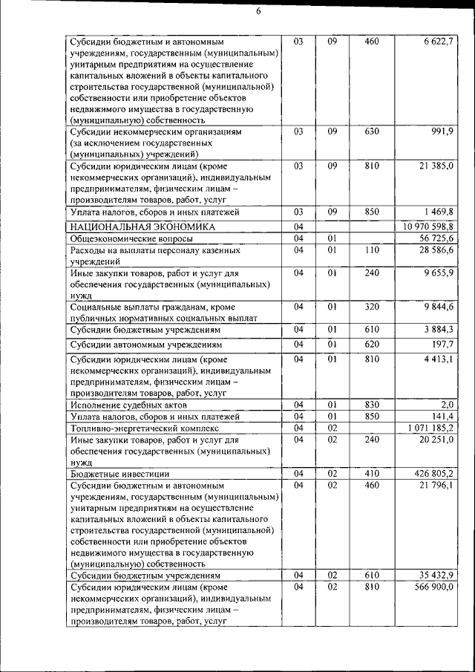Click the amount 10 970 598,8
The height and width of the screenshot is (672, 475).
coord(428,226)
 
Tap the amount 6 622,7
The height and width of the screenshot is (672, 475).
coord(438,42)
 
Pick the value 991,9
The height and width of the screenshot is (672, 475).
coord(442,131)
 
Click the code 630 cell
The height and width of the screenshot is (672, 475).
coord(372,131)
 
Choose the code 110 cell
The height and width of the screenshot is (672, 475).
coord(372,250)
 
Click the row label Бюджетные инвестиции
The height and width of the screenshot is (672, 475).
coord(119,473)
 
